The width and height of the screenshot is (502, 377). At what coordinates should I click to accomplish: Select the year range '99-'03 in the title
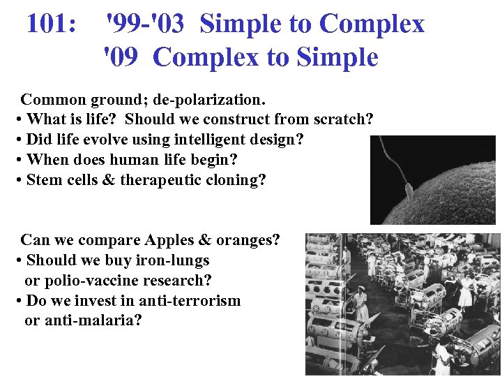pyautogui.click(x=145, y=24)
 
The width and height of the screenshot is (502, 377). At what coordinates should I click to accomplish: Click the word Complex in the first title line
pyautogui.click(x=372, y=24)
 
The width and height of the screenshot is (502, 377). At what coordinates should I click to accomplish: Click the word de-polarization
pyautogui.click(x=216, y=98)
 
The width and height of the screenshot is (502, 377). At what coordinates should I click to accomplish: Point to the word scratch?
pyautogui.click(x=341, y=119)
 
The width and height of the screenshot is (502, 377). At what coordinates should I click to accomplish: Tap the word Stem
pyautogui.click(x=43, y=179)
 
